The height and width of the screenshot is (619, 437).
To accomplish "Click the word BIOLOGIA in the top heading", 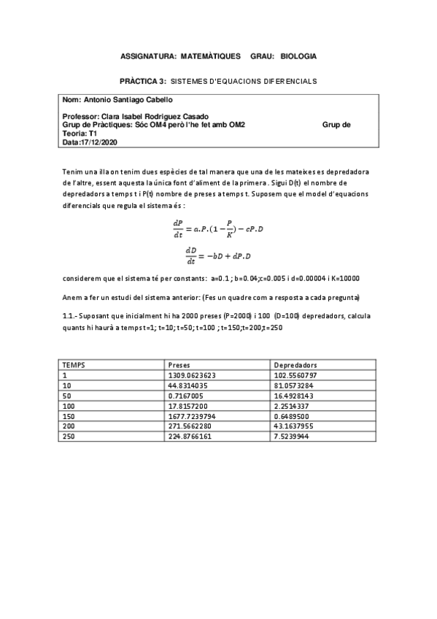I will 298,55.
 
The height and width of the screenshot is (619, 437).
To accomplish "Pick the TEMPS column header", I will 74,364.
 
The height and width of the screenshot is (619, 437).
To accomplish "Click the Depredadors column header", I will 295,364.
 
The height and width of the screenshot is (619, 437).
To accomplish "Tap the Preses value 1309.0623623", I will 193,374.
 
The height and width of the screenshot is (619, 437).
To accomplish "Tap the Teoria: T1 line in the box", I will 80,134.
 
